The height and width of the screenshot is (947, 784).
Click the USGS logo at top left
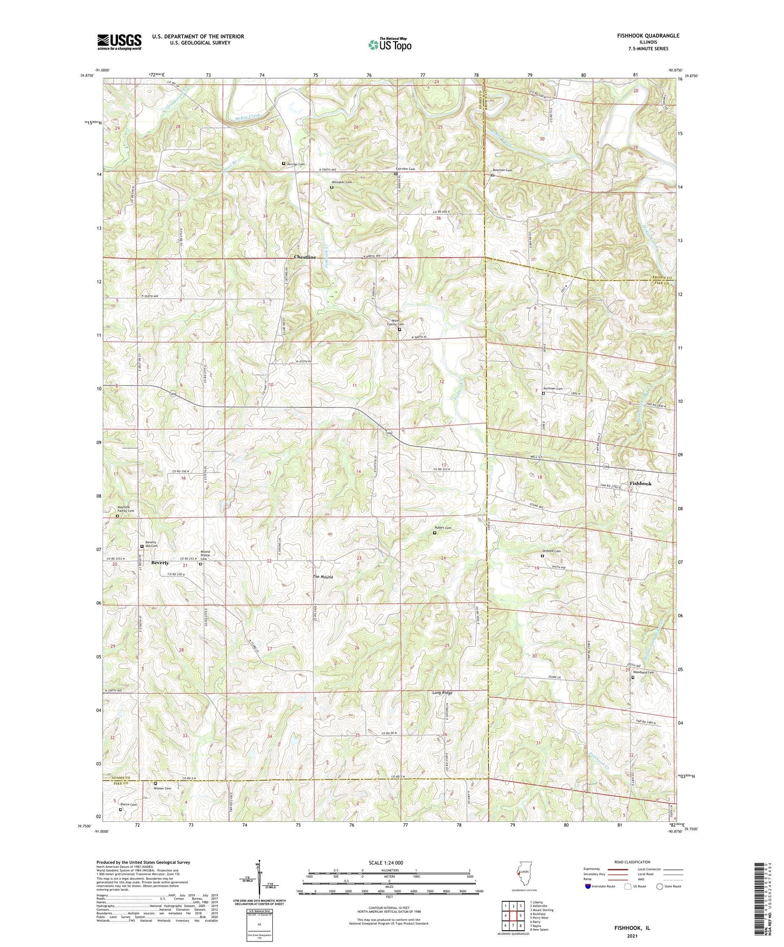point(119,41)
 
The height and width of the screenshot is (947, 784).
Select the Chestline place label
point(305,257)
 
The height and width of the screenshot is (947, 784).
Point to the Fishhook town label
point(640,483)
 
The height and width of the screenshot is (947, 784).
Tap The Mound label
point(322,577)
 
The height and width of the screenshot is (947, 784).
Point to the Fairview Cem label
point(405,169)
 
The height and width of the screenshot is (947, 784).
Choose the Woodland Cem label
point(643,673)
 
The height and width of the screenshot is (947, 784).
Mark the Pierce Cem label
point(129,804)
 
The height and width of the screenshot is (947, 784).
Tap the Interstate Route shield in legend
point(588,886)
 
